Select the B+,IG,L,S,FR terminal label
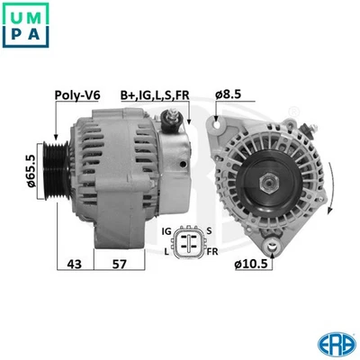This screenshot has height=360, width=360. coord(156,94)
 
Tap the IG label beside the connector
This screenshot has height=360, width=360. coord(166,231)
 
